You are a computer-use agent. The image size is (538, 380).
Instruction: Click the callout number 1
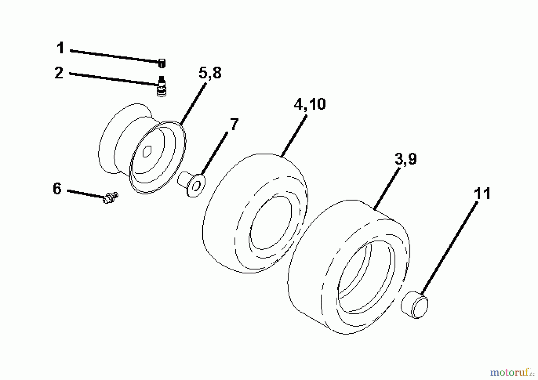coord(61,48)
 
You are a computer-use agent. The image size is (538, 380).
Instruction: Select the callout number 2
coord(59,73)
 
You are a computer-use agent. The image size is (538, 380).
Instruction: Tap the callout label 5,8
coord(210,73)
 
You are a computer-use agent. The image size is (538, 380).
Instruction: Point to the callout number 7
coord(234,124)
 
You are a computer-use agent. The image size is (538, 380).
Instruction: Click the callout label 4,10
coord(309,105)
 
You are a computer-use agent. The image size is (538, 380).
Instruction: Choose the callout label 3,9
coord(406,159)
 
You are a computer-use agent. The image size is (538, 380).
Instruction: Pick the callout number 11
coord(482,194)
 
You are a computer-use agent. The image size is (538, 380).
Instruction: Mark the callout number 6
coord(57,189)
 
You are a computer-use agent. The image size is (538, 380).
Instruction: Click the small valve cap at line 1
coord(162,63)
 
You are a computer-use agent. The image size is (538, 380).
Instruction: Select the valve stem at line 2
coord(161,86)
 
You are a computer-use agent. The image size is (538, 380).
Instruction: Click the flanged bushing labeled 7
coord(192,184)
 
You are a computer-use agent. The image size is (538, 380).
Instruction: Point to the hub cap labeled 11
coord(414,304)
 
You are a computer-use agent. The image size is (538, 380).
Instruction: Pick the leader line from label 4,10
coord(294,137)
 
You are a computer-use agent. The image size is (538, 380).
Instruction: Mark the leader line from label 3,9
coord(387,189)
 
